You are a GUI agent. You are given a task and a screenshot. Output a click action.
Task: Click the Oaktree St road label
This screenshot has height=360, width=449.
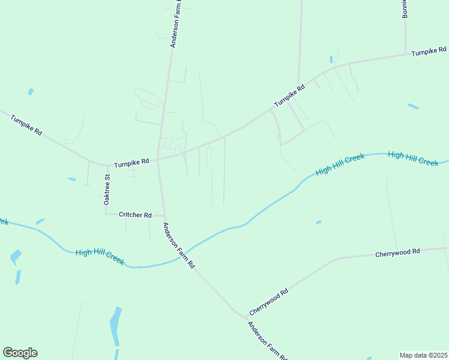[x=107, y=190]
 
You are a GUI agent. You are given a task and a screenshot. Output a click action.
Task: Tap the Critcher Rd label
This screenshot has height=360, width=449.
[x=135, y=214]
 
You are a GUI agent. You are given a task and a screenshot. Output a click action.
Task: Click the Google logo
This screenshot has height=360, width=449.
[x=20, y=352]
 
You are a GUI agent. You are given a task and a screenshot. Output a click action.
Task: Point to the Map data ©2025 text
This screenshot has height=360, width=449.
[x=423, y=355]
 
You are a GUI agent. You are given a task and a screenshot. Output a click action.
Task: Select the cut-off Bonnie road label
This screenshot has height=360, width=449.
[x=405, y=8]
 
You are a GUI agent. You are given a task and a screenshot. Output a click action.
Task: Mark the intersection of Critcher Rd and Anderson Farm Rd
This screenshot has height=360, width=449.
[x=164, y=215]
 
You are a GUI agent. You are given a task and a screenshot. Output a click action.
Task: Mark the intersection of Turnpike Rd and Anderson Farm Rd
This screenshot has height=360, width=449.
[x=158, y=160]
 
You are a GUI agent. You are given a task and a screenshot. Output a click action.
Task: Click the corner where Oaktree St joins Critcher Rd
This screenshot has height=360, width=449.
[x=106, y=213]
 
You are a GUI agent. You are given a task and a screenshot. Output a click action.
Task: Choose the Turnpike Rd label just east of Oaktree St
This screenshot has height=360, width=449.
[x=131, y=163]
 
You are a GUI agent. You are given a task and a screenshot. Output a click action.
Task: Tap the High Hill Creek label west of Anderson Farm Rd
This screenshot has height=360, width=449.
[x=100, y=256]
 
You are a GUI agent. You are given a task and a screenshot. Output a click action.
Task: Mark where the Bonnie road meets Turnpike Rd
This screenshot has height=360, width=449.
[x=405, y=55]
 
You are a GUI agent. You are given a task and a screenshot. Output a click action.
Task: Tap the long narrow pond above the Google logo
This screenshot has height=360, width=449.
[x=114, y=327]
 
